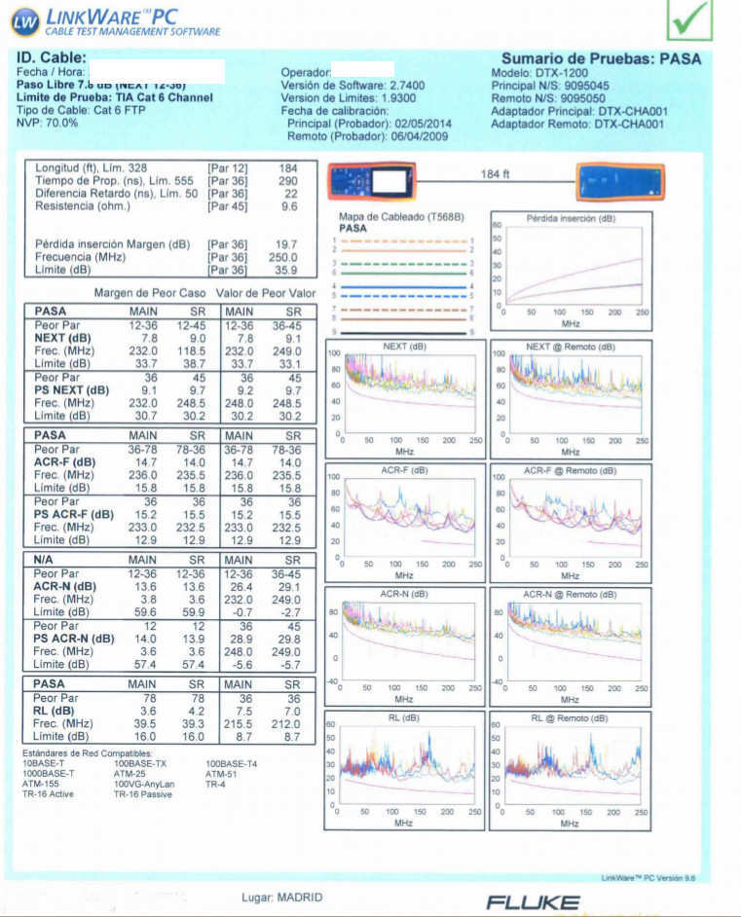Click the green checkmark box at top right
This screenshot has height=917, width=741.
[x=690, y=19]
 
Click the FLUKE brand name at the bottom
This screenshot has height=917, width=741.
[x=534, y=902]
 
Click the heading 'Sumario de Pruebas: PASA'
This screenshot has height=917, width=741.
[x=601, y=58]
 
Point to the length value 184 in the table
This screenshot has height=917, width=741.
[x=288, y=167]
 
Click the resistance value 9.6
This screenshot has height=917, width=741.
[x=289, y=206]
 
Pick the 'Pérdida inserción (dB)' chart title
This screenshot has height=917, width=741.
[x=571, y=219]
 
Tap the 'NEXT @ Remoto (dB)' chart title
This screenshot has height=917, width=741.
[x=571, y=347]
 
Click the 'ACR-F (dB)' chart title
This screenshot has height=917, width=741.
[x=406, y=470]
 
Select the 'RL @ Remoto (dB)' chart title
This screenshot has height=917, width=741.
[x=571, y=718]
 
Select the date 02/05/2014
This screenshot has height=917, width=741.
[x=425, y=124]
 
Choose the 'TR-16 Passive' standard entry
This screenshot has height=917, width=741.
[x=144, y=794]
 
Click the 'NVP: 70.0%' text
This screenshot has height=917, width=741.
[x=48, y=123]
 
